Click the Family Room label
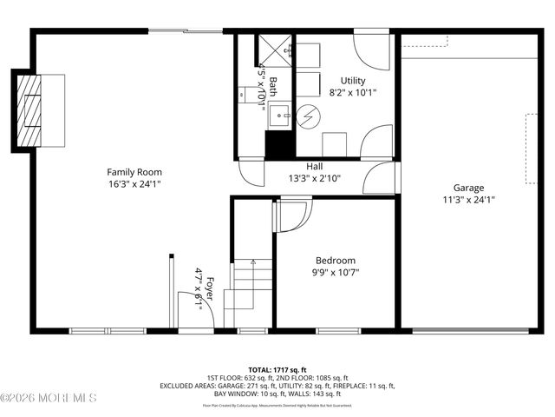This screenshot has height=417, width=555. [x=134, y=172]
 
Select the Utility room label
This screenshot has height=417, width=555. [x=353, y=81]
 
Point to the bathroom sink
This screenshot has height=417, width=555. [x=278, y=113]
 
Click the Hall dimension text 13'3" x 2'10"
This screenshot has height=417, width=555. [x=315, y=179]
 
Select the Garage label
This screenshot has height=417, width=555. [x=468, y=188]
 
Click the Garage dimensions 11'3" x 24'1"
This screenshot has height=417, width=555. [x=468, y=199]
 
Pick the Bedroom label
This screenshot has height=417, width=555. [x=335, y=261]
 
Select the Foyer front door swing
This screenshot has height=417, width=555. [x=190, y=308]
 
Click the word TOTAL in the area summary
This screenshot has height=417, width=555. [x=260, y=369]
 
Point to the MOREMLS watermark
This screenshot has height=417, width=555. [x=49, y=399]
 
